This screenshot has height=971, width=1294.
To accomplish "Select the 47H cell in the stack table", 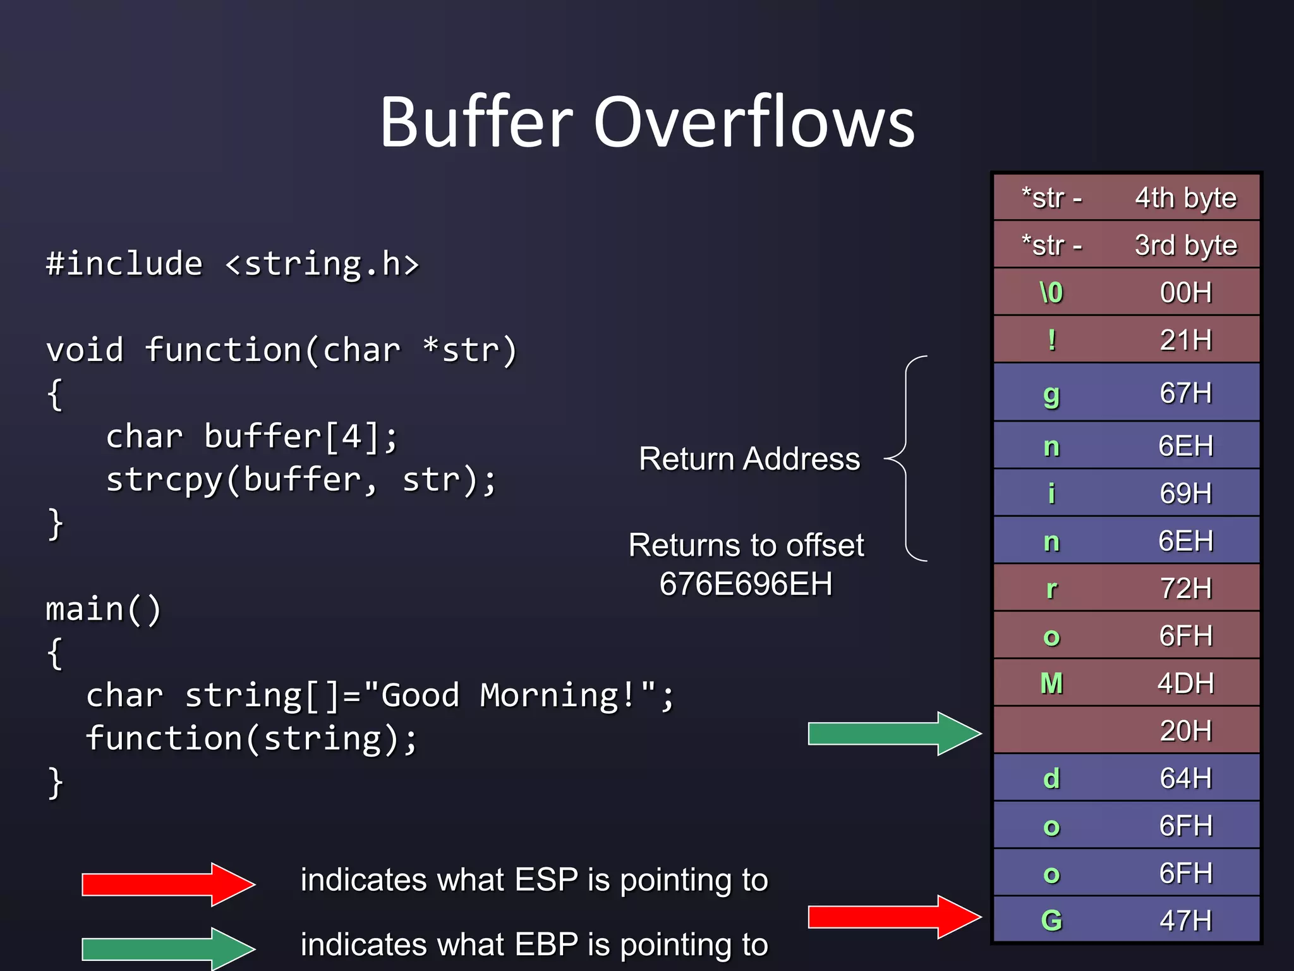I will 1185,920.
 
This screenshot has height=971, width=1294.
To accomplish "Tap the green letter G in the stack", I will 1051,920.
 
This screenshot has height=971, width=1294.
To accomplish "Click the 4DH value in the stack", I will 1185,683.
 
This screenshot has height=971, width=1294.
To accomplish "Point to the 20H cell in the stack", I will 1185,731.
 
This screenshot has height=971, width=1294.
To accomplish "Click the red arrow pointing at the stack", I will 893,917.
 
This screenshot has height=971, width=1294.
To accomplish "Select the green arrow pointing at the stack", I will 893,733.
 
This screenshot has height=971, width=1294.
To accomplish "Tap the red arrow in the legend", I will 167,884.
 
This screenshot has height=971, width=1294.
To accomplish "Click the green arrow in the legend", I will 167,948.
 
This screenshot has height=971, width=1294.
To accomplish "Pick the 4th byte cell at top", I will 1185,198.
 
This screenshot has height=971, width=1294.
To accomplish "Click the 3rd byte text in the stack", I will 1185,245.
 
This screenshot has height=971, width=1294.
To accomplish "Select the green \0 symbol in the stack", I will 1051,293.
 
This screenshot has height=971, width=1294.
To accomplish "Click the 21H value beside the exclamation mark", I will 1185,340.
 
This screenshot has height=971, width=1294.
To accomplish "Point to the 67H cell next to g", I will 1185,393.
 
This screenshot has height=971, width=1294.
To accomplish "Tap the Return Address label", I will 749,458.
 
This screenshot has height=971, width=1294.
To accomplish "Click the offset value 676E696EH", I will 746,583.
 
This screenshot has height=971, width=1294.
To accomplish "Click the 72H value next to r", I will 1185,588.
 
